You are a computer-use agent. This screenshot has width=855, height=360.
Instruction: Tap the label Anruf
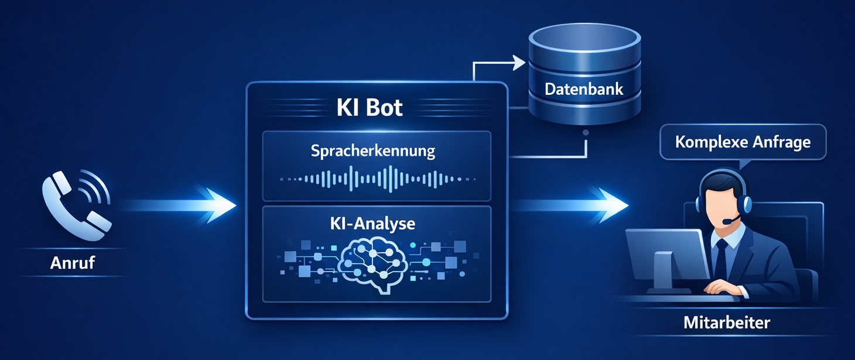(x=72, y=263)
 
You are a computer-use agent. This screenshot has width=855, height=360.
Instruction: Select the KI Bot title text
(x=370, y=108)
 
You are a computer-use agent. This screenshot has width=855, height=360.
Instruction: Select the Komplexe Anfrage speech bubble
(x=743, y=142)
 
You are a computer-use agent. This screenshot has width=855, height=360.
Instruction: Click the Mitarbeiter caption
(x=727, y=322)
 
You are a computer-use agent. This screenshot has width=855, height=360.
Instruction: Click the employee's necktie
(x=721, y=258)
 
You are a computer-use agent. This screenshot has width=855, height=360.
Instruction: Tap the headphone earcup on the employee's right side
(x=745, y=204)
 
